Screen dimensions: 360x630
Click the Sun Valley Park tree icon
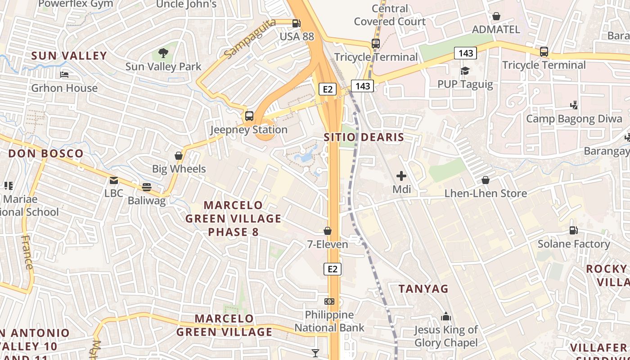tap(163, 53)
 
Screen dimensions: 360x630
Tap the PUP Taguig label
tap(465, 84)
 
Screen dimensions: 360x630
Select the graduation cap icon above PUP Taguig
tap(465, 71)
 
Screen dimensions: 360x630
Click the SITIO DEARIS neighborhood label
tap(364, 137)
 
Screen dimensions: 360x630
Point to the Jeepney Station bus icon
tap(249, 116)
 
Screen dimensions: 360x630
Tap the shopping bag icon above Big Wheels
tap(179, 156)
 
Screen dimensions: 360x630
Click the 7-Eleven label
tap(328, 244)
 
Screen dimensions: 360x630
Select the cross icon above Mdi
tap(401, 176)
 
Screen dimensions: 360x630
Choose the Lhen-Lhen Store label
tap(486, 193)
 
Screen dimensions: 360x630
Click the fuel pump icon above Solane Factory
tap(574, 230)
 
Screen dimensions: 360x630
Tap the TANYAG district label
tap(423, 289)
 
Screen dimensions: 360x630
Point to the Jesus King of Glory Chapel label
tap(446, 336)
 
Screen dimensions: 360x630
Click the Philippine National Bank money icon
tap(329, 301)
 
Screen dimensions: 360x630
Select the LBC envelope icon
tap(114, 180)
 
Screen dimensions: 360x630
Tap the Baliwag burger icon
tap(147, 187)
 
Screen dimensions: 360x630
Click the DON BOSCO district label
tap(46, 153)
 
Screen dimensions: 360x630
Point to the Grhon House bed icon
tap(64, 74)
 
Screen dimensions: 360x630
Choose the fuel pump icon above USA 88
tap(296, 23)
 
